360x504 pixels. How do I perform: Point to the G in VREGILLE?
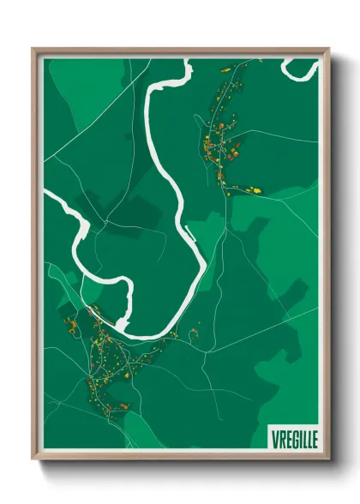click(x=290, y=436)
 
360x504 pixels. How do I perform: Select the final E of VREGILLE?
click(x=313, y=436)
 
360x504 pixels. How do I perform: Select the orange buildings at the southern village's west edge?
click(x=72, y=327)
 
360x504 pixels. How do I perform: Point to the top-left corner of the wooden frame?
click(x=33, y=51)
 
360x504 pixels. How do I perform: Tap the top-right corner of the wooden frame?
click(x=327, y=51)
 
